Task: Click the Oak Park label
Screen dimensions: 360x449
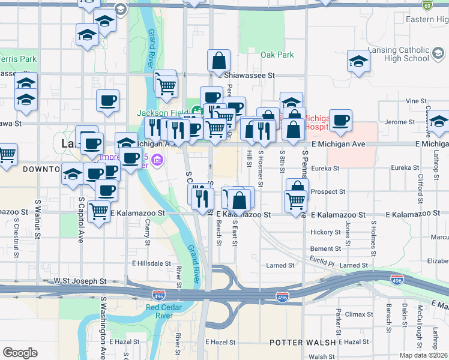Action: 277,55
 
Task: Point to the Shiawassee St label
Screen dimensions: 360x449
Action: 249,76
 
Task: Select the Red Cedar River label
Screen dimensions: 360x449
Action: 159,311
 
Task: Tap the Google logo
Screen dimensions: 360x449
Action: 20,352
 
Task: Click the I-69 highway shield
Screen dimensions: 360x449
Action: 444,5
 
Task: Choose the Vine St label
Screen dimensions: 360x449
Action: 415,102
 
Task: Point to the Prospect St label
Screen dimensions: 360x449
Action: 328,192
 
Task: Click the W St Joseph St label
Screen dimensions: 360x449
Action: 80,280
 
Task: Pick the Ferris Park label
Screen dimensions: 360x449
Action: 18,59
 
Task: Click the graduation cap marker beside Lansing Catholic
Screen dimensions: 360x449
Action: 358,62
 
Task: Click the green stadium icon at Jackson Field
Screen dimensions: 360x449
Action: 196,110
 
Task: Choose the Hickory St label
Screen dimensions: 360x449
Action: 325,232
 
